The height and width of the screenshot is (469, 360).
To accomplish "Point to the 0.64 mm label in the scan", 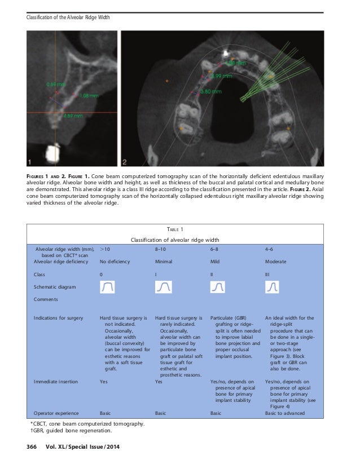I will (56, 85).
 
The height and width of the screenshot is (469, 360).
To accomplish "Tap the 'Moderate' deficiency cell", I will (276, 262).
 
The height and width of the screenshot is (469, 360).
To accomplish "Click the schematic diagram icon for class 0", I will (108, 287).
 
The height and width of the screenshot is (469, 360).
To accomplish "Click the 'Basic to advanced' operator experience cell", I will (285, 413).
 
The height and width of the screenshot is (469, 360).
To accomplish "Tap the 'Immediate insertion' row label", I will (56, 382).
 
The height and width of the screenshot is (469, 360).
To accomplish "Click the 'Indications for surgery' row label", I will (59, 318).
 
